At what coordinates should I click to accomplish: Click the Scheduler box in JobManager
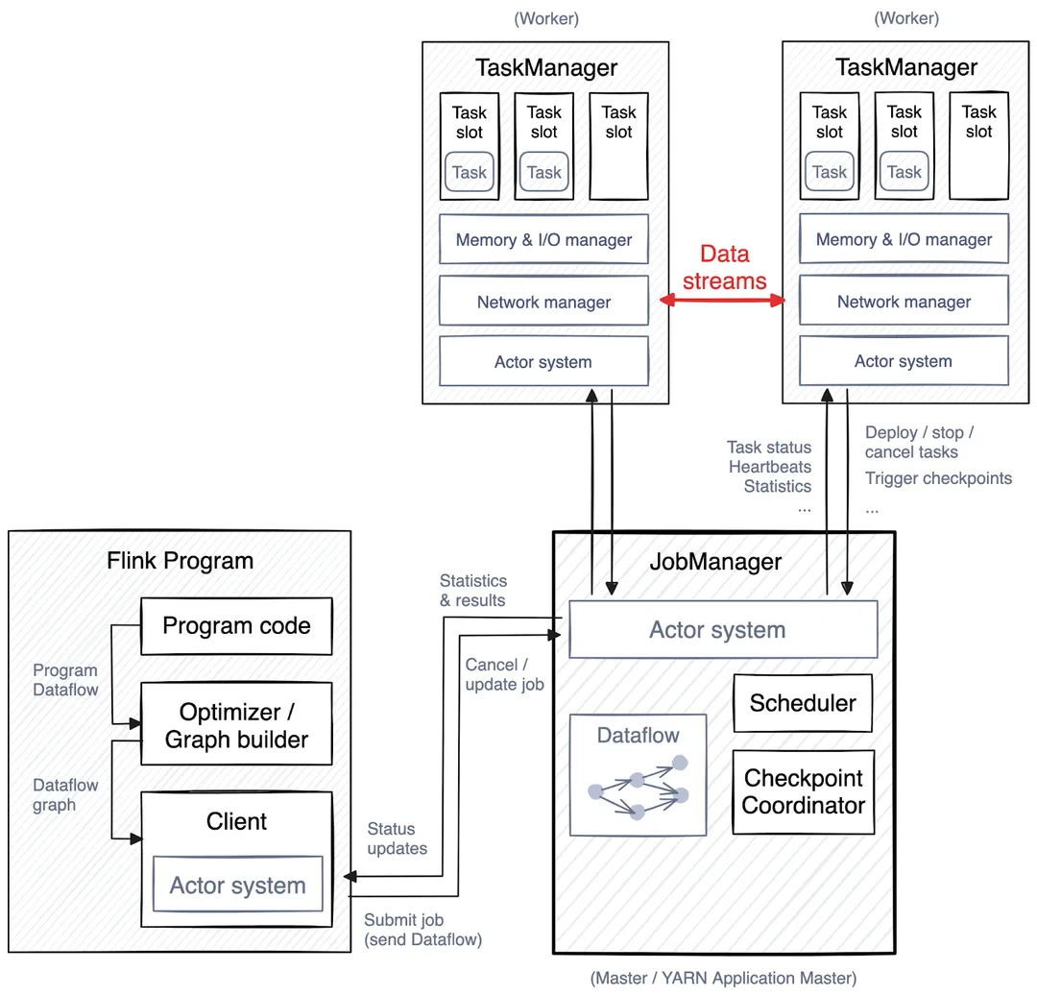[x=803, y=703]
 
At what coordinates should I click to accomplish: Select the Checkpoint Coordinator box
[x=804, y=791]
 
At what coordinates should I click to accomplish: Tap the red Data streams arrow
[x=722, y=302]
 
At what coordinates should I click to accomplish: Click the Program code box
[x=236, y=626]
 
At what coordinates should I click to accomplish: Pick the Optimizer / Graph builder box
[x=236, y=725]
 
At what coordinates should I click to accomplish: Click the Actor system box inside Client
[x=237, y=886]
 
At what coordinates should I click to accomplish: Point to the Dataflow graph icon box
[x=638, y=773]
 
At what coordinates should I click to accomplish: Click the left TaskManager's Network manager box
[x=543, y=302]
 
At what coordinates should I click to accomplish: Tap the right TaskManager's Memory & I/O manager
[x=904, y=240]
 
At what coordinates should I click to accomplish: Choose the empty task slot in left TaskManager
[x=618, y=146]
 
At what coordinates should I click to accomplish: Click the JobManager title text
[x=715, y=562]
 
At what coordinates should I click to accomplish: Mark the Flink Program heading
[x=180, y=561]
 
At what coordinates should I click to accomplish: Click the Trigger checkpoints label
[x=938, y=478]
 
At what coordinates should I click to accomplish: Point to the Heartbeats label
[x=769, y=467]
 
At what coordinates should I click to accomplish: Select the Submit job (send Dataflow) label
[x=422, y=930]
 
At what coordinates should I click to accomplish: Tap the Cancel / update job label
[x=504, y=674]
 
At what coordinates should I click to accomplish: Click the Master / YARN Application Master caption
[x=723, y=979]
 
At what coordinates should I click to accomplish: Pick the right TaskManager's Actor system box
[x=904, y=362]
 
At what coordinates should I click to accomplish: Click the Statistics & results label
[x=472, y=591]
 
